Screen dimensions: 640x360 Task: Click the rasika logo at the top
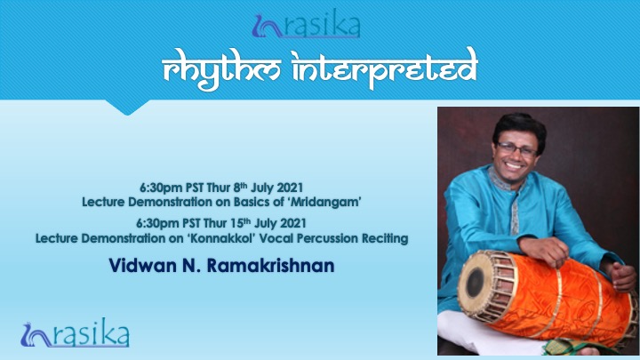[x=306, y=25]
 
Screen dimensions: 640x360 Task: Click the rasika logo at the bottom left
[x=75, y=333]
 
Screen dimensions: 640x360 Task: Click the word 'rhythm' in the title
[x=221, y=69]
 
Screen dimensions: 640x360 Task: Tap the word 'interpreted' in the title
[x=385, y=68]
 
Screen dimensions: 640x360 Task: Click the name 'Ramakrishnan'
[x=270, y=266]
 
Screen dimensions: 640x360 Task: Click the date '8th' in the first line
[x=241, y=188]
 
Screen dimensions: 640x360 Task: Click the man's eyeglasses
[x=516, y=149]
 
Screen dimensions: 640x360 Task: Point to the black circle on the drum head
[x=475, y=282]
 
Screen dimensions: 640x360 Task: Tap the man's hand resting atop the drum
[x=540, y=250]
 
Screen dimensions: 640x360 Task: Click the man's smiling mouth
[x=514, y=166]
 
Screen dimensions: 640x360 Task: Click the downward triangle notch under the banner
[x=127, y=108]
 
